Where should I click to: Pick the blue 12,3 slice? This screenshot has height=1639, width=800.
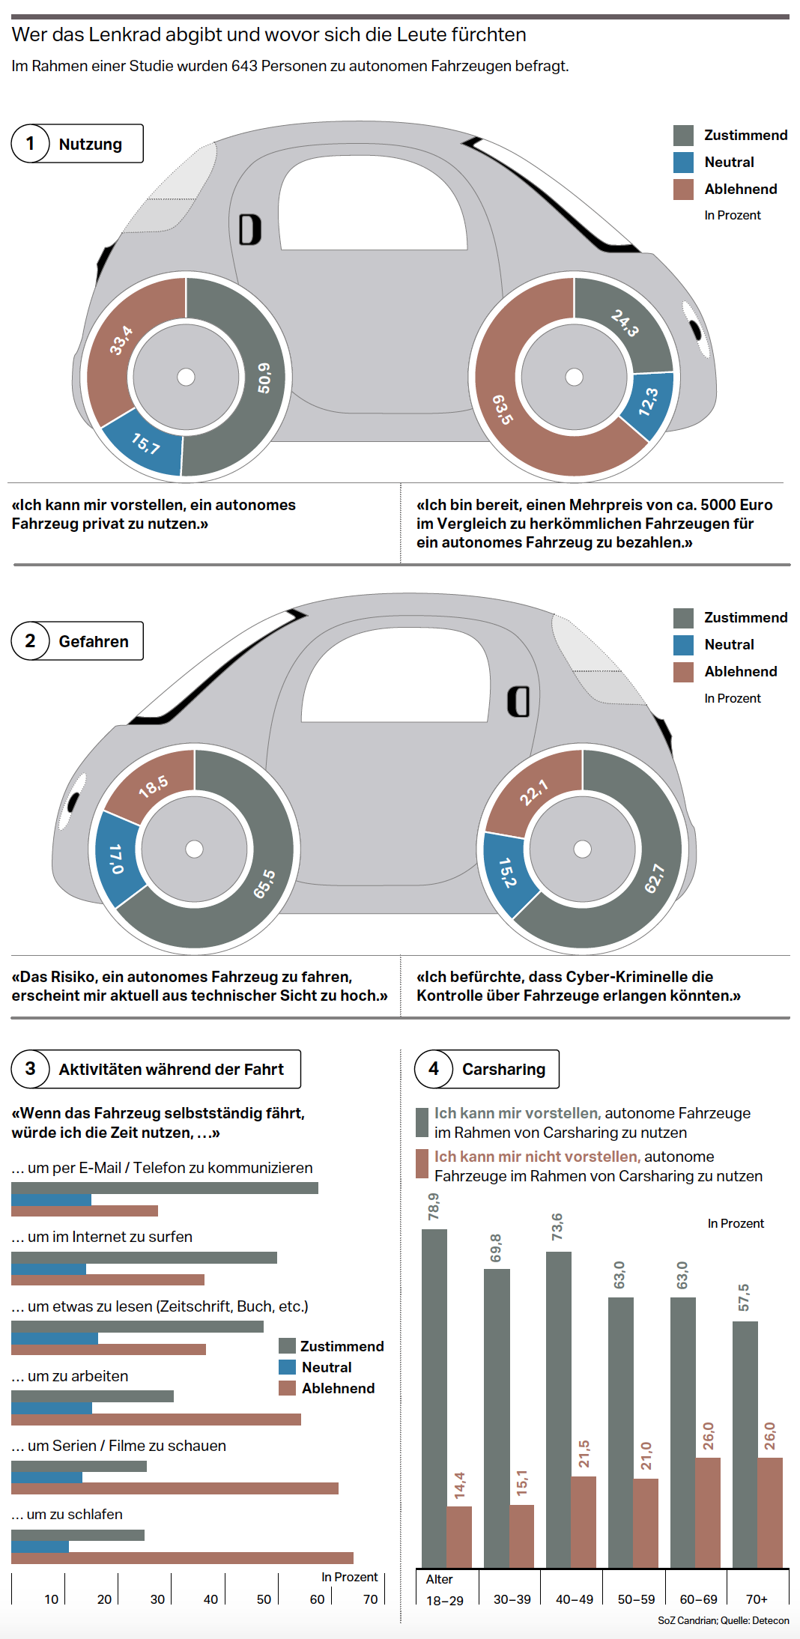point(649,402)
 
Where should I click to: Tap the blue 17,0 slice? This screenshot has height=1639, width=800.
point(116,858)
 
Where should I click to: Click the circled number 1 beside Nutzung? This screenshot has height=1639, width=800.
point(30,143)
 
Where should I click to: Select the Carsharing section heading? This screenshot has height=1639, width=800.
point(503,1069)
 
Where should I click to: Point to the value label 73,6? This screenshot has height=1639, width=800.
point(557,1227)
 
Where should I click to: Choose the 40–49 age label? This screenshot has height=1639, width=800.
point(575,1599)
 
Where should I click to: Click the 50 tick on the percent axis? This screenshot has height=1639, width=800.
point(264,1599)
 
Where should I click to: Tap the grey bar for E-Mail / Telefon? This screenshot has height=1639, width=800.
point(165,1187)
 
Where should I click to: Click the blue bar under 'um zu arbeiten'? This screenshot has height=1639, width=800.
point(52,1408)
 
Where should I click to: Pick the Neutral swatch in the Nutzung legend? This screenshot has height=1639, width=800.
point(683,162)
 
